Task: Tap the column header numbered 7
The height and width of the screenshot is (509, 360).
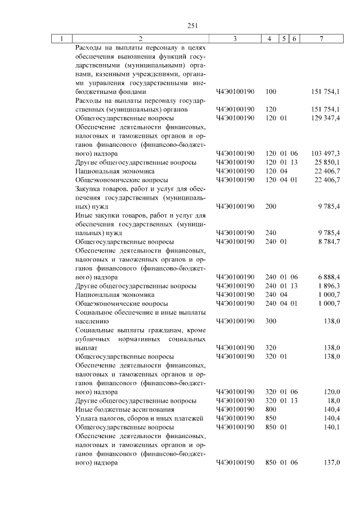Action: pos(321,38)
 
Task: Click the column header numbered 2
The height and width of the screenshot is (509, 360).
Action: pos(140,38)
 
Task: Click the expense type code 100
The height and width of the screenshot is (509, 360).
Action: pos(270,91)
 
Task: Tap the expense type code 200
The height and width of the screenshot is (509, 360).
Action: pos(270,206)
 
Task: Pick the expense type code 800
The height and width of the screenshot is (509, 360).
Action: pos(270,409)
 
